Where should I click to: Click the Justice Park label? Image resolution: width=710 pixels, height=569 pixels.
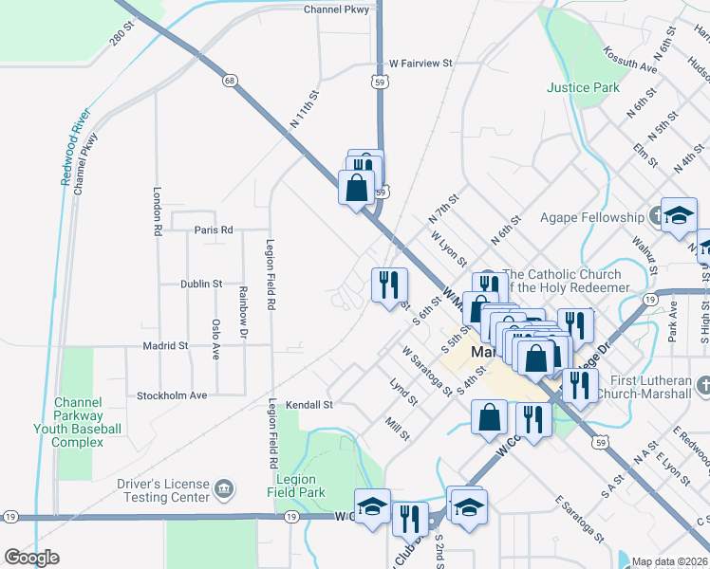click(x=583, y=88)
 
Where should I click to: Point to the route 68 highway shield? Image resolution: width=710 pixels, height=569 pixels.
click(x=230, y=81)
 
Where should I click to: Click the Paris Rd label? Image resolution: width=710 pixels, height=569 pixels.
click(x=214, y=229)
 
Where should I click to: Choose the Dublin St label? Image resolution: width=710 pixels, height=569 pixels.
click(x=201, y=284)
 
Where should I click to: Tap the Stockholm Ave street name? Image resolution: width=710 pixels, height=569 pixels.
click(x=172, y=395)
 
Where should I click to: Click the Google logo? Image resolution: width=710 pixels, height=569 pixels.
click(x=31, y=558)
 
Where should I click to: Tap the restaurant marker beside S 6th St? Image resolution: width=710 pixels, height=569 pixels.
click(x=389, y=284)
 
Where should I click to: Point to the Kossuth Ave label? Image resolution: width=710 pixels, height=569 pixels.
click(x=629, y=62)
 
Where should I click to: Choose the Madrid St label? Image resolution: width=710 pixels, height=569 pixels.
click(x=165, y=346)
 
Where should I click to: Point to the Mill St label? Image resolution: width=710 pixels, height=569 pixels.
click(x=397, y=430)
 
